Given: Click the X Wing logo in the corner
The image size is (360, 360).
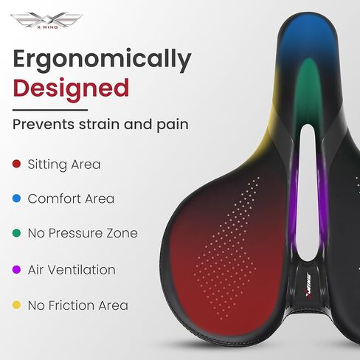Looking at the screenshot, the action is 46,20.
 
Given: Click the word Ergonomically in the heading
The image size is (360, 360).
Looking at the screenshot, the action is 102,60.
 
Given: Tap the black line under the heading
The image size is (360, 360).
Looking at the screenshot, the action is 50,110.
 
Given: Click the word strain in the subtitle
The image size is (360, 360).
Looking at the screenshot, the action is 100,124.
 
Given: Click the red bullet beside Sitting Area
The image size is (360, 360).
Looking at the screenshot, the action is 16,164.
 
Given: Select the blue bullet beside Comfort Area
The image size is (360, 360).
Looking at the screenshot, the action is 16,198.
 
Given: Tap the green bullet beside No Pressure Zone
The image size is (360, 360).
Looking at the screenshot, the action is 16,233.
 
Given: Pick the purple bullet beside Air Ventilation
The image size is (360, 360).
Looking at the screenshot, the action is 16,270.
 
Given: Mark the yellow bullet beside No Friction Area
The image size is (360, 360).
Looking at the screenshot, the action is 16,305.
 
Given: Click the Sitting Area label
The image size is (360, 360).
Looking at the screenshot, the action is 64,165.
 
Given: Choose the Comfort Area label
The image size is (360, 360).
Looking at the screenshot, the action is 71,198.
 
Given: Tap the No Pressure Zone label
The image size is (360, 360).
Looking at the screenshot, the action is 83,233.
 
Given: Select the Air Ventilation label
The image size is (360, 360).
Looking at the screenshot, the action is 72,270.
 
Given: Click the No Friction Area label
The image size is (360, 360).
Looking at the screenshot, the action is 78,305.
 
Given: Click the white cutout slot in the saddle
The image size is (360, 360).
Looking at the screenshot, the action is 308,193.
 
